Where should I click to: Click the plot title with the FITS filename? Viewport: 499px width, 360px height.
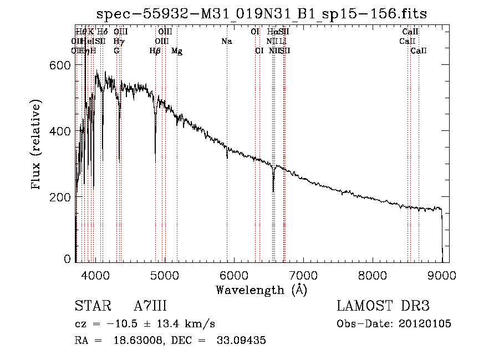click(262, 13)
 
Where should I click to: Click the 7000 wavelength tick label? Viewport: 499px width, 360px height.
click(303, 273)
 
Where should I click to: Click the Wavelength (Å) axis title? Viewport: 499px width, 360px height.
click(261, 289)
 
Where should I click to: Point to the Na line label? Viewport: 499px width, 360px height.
click(226, 42)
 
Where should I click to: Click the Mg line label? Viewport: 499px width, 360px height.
click(177, 51)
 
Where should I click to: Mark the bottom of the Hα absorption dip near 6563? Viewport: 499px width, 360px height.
click(273, 191)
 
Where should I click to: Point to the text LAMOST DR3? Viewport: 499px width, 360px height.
click(383, 306)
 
